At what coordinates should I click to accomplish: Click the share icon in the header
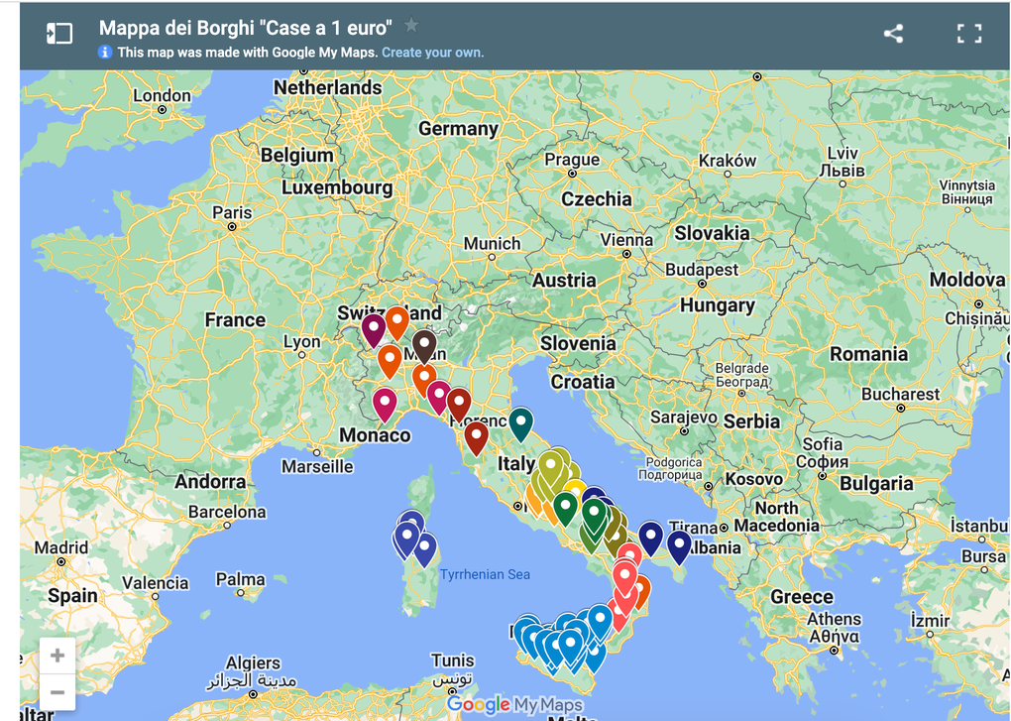893,33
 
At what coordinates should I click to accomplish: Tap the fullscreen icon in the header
968,33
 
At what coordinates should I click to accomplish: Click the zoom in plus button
57,656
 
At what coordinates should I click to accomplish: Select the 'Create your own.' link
432,52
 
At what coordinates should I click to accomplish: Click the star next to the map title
411,26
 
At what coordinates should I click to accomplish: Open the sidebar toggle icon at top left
59,33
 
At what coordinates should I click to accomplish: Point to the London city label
162,96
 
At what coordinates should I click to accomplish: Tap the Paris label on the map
232,212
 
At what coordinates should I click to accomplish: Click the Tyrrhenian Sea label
485,574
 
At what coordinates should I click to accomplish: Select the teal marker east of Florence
520,421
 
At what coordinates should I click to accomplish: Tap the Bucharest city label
900,394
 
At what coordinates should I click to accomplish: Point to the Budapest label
702,270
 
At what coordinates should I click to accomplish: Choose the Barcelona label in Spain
227,513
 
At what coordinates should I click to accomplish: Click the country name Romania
868,354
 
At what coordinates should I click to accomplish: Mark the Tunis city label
452,661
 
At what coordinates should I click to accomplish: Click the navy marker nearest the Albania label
679,543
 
